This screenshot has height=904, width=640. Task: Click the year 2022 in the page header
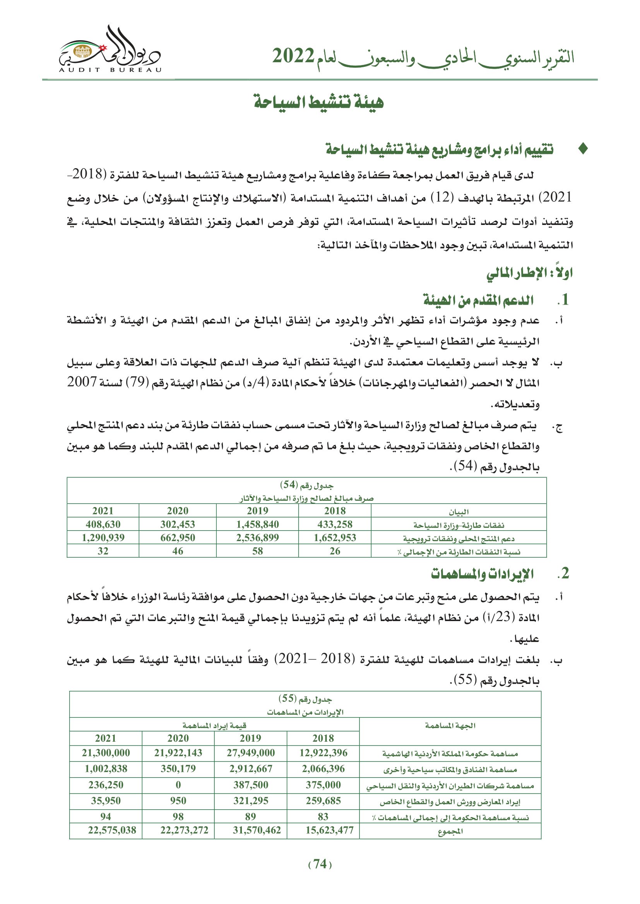[x=293, y=56]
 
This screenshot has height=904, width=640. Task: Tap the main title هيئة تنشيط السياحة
[x=318, y=102]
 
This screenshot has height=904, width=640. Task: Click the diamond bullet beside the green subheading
[x=583, y=149]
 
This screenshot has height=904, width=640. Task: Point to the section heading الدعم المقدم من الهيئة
[x=478, y=300]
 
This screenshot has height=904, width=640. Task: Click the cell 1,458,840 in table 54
[x=257, y=524]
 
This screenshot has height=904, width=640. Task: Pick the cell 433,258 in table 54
[x=335, y=524]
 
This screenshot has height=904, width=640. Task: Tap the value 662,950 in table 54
[x=177, y=538]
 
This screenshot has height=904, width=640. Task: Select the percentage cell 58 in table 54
[x=257, y=551]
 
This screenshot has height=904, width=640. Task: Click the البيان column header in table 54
[x=459, y=511]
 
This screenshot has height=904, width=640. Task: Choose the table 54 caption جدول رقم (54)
[x=306, y=485]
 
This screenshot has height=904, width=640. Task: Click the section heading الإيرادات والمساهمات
[x=482, y=574]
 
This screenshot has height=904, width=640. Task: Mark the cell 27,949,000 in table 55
[x=250, y=753]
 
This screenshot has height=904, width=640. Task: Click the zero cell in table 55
[x=178, y=785]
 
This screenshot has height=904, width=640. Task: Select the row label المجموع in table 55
[x=450, y=831]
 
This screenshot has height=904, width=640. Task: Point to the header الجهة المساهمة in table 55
[x=450, y=726]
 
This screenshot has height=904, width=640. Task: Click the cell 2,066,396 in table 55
[x=323, y=769]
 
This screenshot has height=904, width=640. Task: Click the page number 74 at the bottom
[x=320, y=864]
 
